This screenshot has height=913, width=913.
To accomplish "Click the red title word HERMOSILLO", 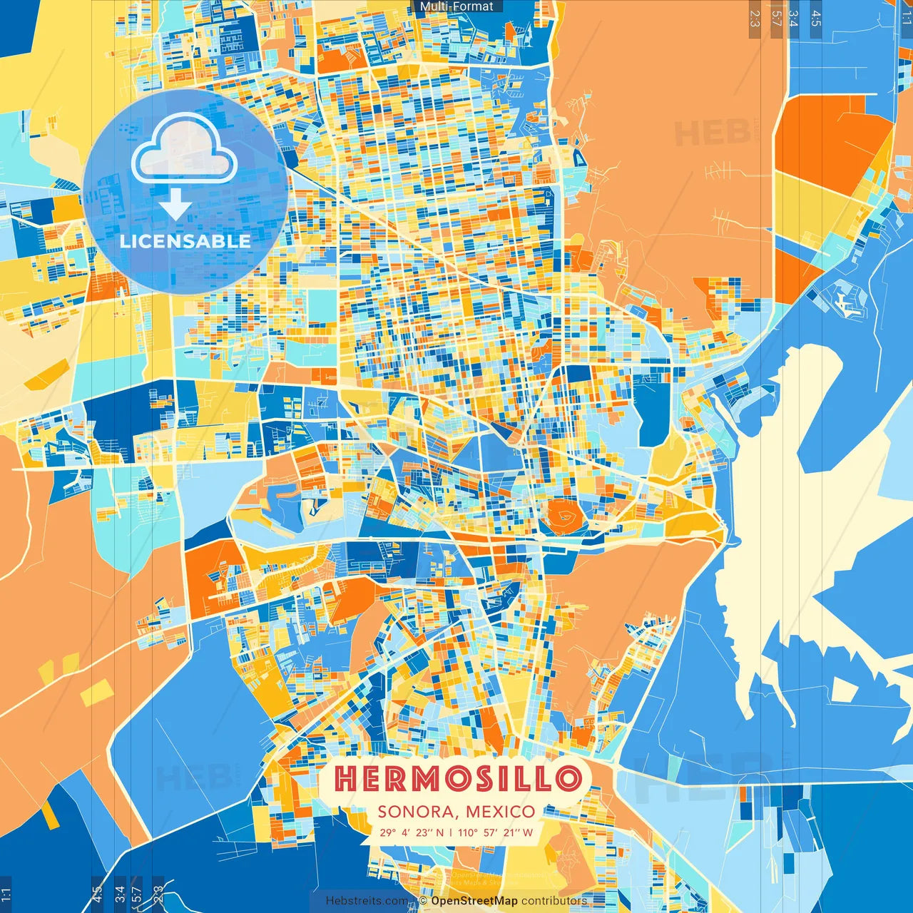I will tap(457, 778).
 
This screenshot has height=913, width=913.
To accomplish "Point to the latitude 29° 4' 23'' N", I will tap(411, 832).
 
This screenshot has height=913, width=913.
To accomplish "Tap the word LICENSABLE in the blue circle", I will tap(185, 241).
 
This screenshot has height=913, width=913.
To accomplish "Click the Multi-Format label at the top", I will tap(456, 6).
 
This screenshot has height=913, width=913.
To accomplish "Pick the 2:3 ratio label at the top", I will tap(755, 19).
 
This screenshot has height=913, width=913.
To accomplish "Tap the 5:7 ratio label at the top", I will tap(776, 19).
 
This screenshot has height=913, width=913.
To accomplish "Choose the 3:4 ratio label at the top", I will tap(793, 19).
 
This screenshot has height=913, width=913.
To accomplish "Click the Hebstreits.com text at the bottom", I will tap(367, 901).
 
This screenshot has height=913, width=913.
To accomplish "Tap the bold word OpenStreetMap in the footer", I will tap(474, 901).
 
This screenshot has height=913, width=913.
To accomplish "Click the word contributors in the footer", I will tap(554, 901).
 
